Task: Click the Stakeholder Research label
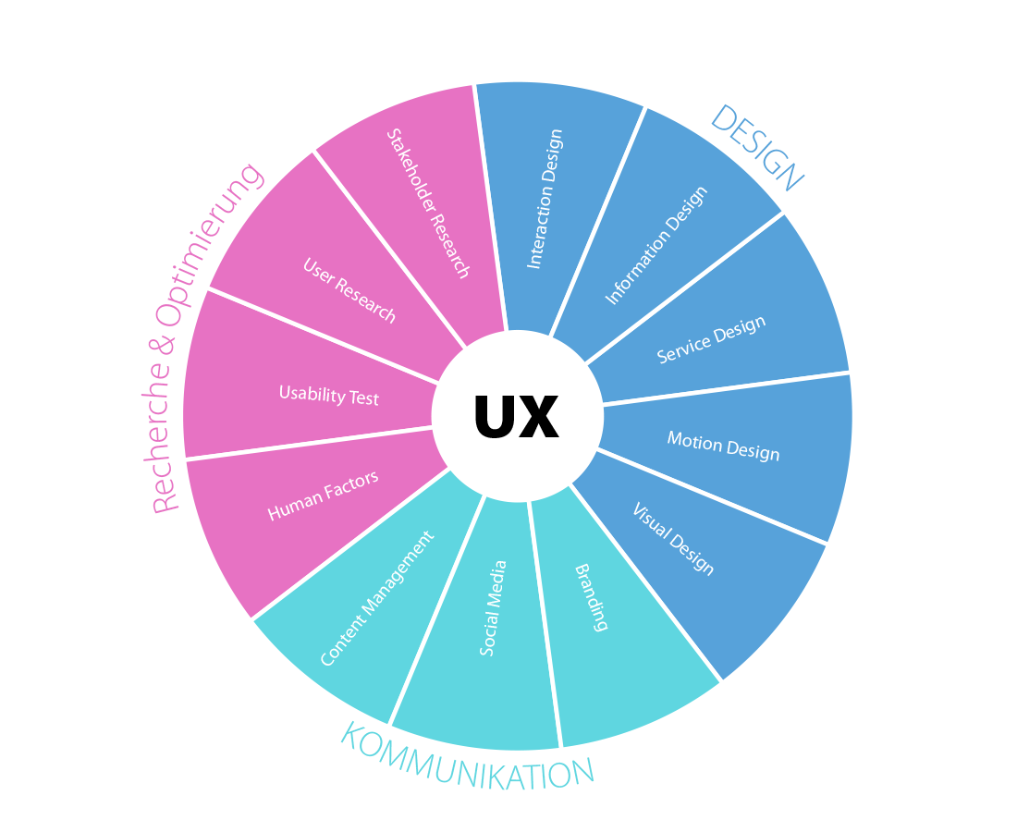point(428,203)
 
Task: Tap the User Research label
point(349,290)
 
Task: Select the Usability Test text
point(329,396)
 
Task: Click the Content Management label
point(376,599)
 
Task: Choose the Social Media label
point(494,608)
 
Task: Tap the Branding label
point(592,597)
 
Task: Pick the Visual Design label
point(673,539)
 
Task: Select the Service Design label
point(712,339)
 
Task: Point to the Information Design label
point(656,246)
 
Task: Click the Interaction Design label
point(545,200)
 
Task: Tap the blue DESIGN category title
point(756,148)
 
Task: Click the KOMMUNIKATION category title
point(467,756)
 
